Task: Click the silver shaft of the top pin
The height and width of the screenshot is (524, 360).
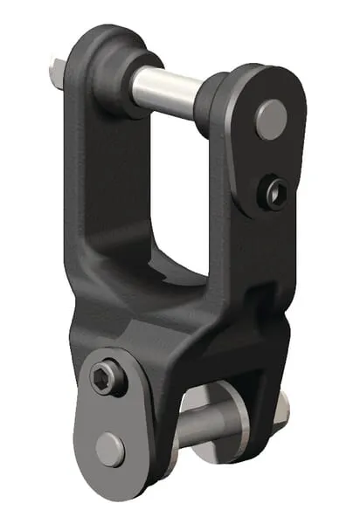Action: point(166,86)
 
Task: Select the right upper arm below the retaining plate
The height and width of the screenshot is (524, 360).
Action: point(253,253)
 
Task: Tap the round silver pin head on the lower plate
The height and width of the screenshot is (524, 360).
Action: point(110,449)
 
